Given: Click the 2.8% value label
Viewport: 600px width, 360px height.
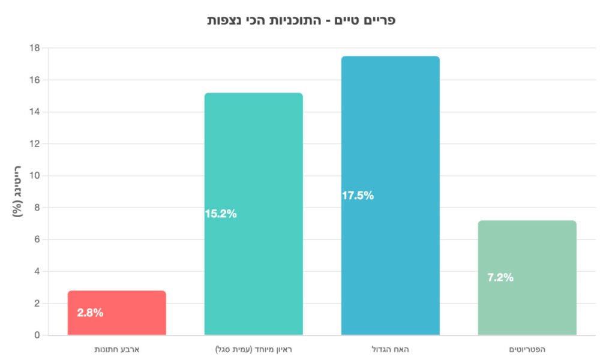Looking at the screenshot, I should (90, 313).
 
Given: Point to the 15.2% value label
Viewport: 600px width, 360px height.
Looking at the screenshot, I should (221, 214).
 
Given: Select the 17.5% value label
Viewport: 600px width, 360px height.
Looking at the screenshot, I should (358, 196).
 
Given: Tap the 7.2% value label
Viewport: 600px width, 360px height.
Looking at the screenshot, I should (500, 277).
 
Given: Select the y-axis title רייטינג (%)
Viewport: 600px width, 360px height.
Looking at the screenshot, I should (17, 191).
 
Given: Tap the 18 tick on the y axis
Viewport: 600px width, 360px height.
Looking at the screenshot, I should (35, 48).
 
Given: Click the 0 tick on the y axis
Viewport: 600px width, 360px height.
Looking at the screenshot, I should (37, 335).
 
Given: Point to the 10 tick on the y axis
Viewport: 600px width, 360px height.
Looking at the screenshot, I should (35, 176).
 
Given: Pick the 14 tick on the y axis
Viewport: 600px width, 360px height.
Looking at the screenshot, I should (35, 112).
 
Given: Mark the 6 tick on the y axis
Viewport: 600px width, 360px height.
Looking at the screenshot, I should (37, 239).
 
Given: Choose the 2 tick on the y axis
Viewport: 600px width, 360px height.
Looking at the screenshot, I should (37, 304).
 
